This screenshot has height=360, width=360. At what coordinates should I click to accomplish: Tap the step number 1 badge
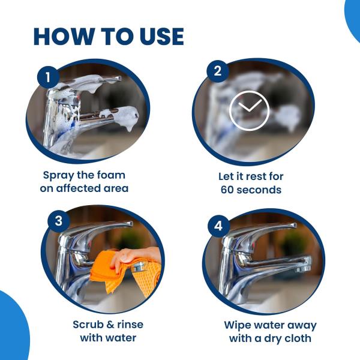pyautogui.click(x=48, y=77)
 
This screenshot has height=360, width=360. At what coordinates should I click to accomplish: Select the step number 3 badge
pyautogui.click(x=59, y=220)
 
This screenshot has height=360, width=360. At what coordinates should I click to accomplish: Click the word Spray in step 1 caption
pyautogui.click(x=61, y=175)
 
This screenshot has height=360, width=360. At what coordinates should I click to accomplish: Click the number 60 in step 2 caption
pyautogui.click(x=229, y=190)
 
